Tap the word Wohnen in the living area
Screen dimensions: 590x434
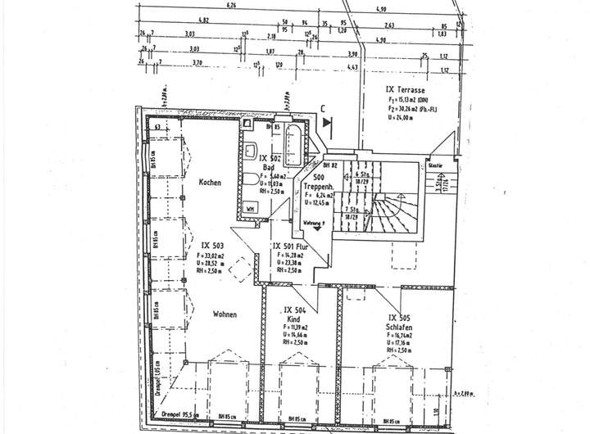(225, 314)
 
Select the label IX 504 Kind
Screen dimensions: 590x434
(295, 315)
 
